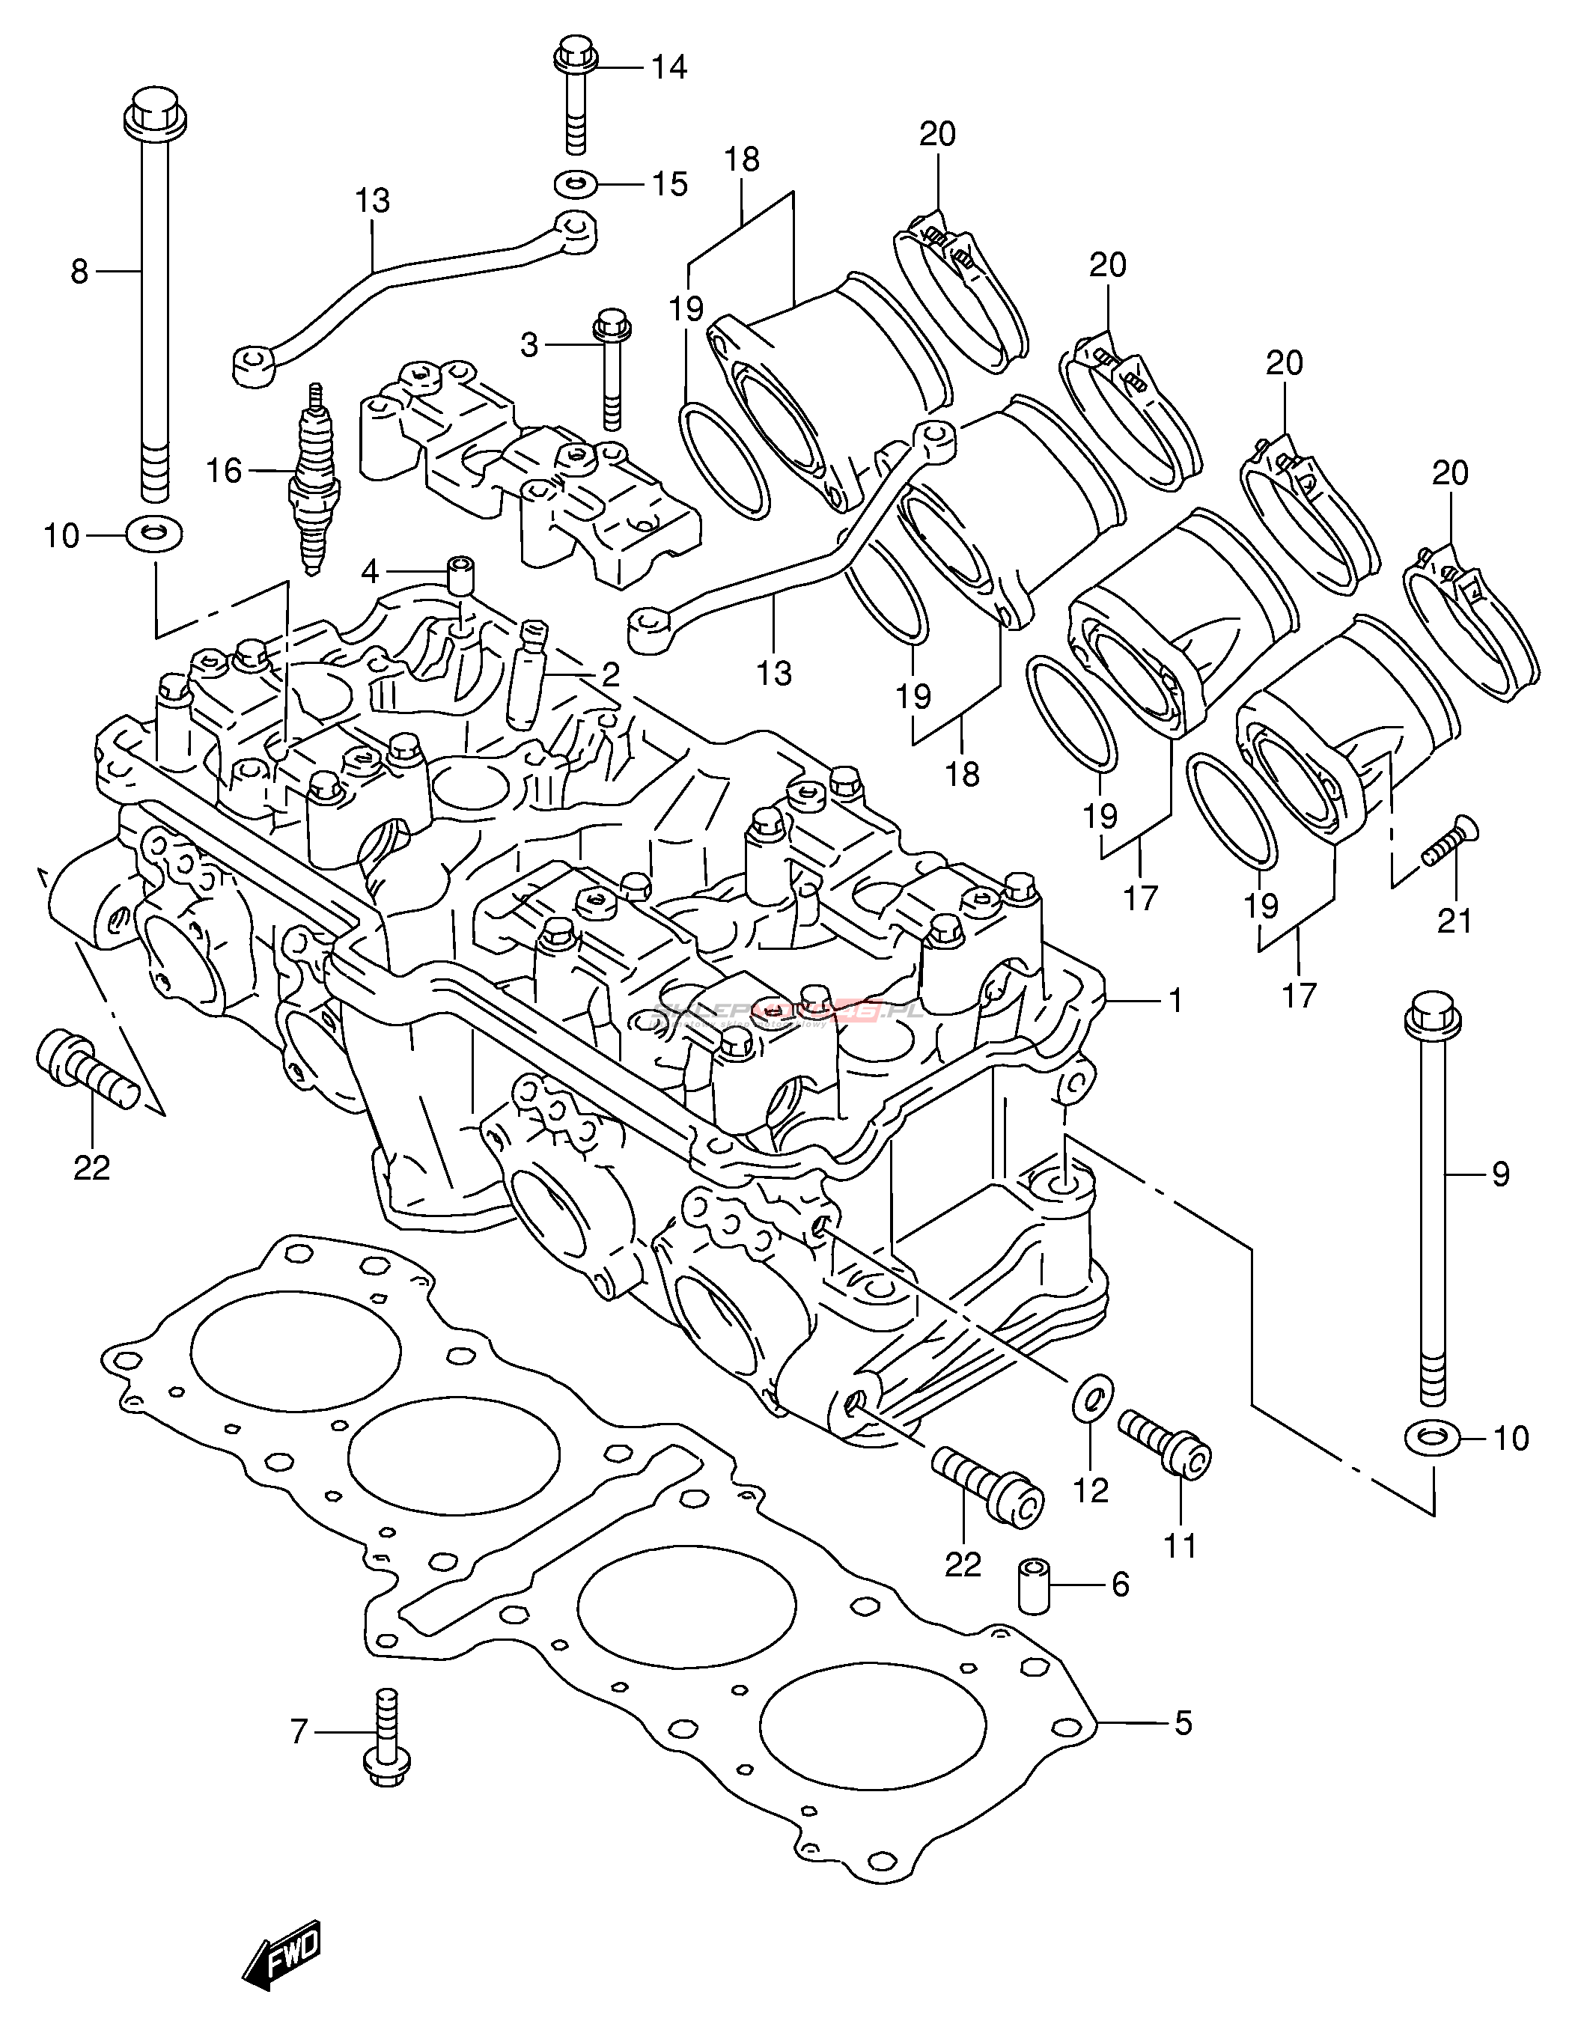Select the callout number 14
click(x=668, y=68)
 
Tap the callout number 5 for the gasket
click(x=1183, y=1724)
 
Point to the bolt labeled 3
click(x=611, y=371)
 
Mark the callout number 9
click(x=1500, y=1174)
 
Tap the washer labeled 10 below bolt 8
click(x=154, y=534)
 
